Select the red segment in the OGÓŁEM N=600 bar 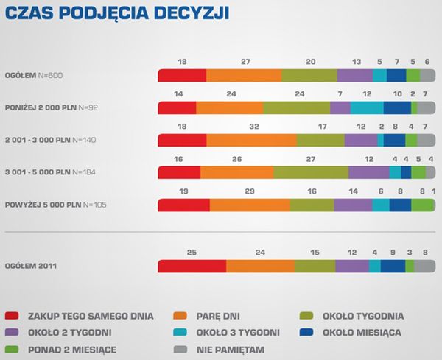(x=183, y=74)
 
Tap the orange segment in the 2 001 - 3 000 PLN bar (x=252, y=140)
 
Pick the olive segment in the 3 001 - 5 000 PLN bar (x=311, y=172)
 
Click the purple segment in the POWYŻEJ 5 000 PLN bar (x=354, y=205)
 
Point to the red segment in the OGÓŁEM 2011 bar (x=192, y=266)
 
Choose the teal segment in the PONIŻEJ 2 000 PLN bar (x=367, y=107)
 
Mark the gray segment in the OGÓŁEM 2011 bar (x=425, y=266)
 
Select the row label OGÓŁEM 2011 (x=31, y=266)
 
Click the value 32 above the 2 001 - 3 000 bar (x=254, y=126)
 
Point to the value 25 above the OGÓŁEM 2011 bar (x=192, y=252)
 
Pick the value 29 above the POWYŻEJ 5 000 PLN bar (x=250, y=191)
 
